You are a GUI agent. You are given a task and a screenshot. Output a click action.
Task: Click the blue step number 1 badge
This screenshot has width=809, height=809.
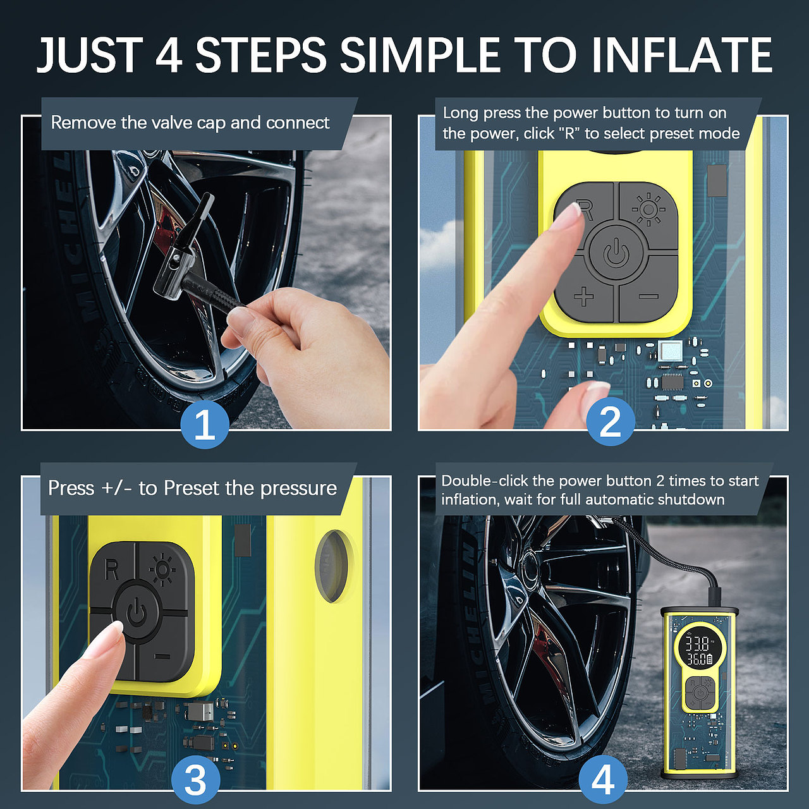point(205,425)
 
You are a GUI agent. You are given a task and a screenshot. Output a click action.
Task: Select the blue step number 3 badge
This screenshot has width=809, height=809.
point(196,780)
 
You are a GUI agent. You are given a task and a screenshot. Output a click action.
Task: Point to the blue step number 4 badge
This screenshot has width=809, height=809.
point(604,780)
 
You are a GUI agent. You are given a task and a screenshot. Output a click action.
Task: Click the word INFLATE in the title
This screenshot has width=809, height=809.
point(682,56)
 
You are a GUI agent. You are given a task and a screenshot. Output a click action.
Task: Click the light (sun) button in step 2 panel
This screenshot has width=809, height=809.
point(648,209)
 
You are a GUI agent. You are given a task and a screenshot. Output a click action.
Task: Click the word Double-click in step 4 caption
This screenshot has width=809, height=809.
point(485,480)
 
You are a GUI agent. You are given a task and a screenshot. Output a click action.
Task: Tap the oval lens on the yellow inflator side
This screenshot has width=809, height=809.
point(332,566)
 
